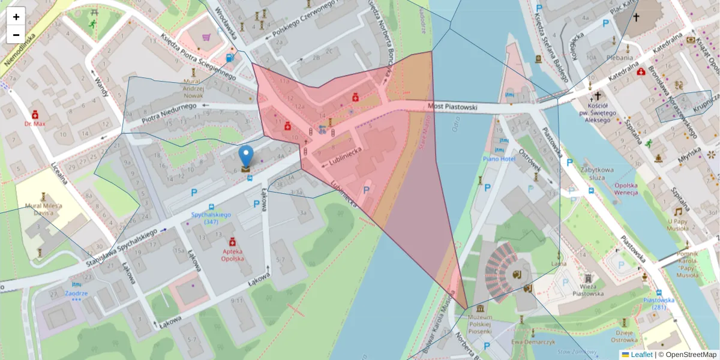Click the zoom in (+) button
pyautogui.click(x=16, y=16)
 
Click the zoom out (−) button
pyautogui.click(x=16, y=35)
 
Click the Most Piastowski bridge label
pyautogui.click(x=452, y=107)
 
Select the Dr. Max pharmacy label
pyautogui.click(x=35, y=124)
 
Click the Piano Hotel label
pyautogui.click(x=499, y=159)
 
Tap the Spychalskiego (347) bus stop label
pyautogui.click(x=211, y=218)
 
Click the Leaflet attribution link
pyautogui.click(x=641, y=355)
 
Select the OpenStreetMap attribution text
pyautogui.click(x=690, y=355)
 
